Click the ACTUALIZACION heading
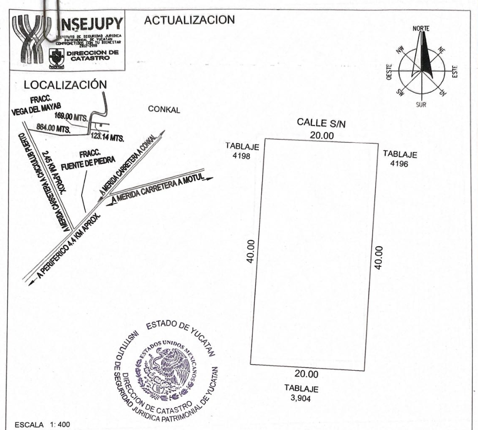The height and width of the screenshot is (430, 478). coord(189,21)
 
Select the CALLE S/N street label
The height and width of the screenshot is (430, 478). coord(321,124)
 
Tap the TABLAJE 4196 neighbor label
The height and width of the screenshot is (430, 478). coord(400,158)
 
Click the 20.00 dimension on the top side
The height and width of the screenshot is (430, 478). coord(321,136)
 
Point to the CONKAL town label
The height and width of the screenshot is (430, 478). coord(164,110)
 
